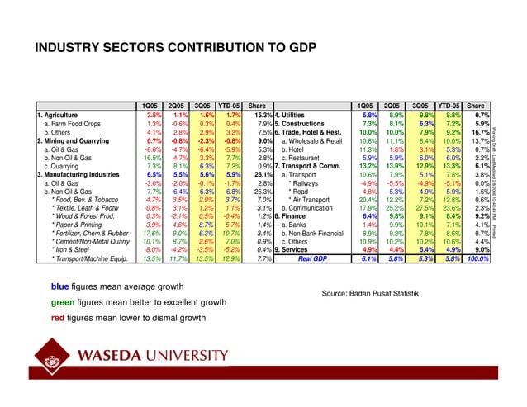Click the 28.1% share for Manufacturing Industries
point(262,174)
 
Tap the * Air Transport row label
point(313,200)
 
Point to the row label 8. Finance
point(297,217)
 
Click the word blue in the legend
point(61,287)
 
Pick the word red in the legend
point(59,317)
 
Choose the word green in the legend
point(64,302)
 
